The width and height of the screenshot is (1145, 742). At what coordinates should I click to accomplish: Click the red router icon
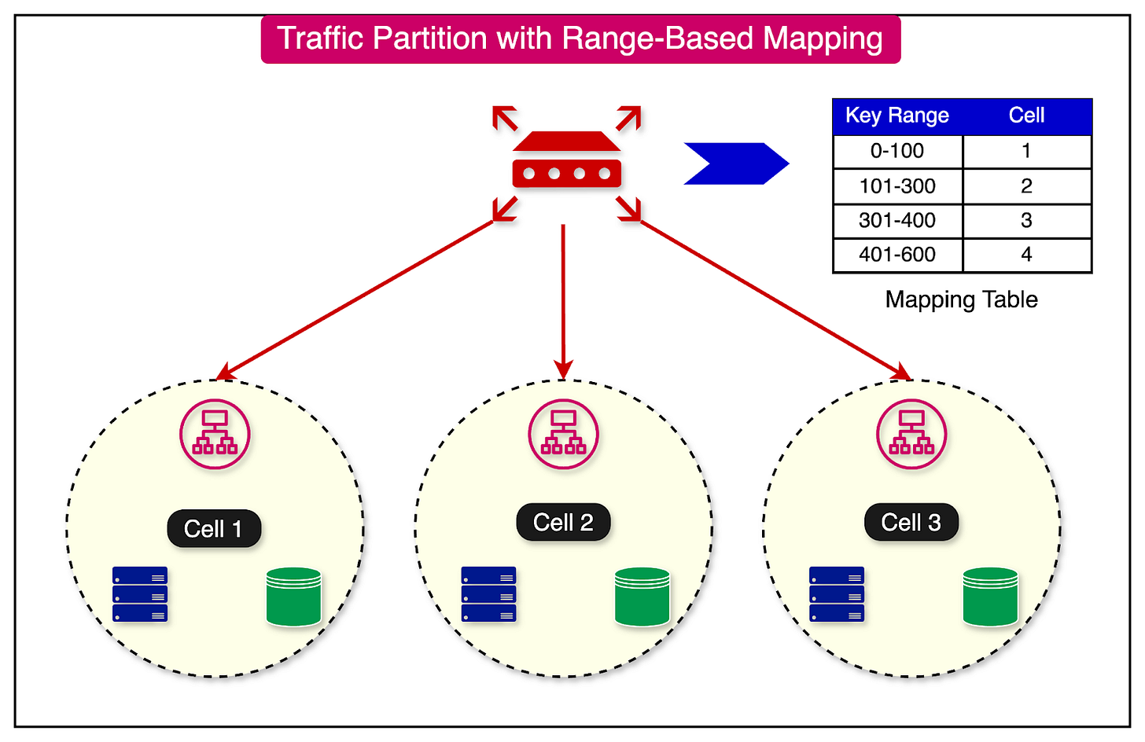[566, 161]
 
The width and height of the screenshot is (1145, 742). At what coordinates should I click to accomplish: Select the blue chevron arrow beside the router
[735, 163]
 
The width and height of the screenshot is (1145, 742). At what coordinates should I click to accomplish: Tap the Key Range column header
[896, 116]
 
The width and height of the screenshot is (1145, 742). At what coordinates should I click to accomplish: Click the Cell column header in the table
[1026, 116]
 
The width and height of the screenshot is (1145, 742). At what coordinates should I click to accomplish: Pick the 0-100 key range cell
[896, 151]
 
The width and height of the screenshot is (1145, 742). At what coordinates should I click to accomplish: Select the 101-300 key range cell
[896, 186]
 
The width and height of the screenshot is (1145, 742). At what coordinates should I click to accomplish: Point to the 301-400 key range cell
[896, 221]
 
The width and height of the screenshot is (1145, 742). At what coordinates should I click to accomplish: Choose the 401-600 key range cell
[896, 255]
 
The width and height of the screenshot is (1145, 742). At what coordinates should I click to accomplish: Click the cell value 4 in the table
[1026, 255]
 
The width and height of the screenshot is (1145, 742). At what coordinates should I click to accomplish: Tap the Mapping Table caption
[961, 299]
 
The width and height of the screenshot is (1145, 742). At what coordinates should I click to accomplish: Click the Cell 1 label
[213, 529]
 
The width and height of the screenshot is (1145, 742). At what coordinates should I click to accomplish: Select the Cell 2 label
[563, 523]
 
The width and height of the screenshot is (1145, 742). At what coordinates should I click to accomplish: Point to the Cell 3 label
[911, 523]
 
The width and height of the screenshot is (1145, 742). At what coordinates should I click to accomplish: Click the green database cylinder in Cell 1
[293, 597]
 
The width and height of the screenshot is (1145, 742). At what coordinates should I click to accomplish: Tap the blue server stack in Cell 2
[488, 594]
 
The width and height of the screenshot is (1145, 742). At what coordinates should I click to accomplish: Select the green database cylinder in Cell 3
[990, 597]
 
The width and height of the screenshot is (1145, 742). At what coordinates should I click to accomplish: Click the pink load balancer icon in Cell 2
[563, 435]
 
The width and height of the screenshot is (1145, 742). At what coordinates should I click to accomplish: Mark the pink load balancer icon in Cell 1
[215, 435]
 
